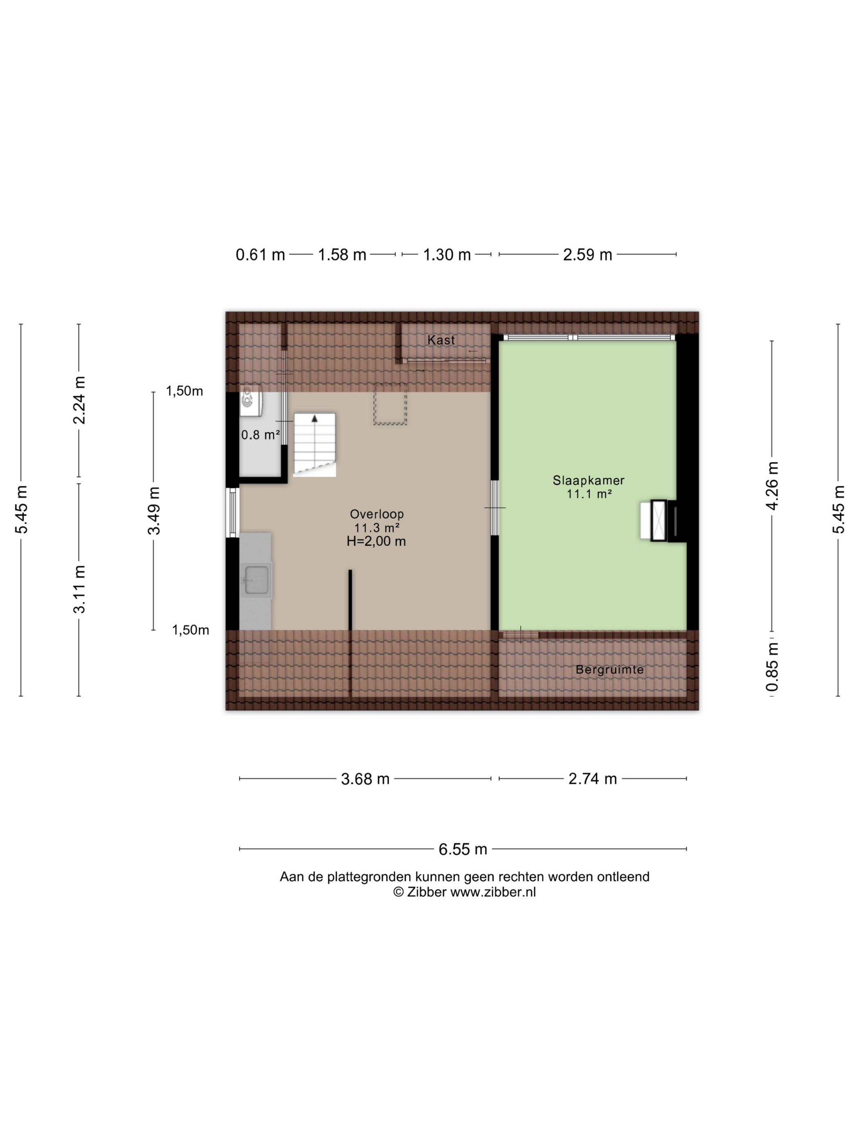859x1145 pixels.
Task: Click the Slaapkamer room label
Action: (x=588, y=481)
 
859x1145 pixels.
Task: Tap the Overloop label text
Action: (x=376, y=514)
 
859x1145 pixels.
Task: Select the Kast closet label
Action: (x=441, y=340)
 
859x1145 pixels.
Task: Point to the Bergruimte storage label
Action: (x=609, y=670)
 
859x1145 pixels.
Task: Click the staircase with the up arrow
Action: (x=314, y=445)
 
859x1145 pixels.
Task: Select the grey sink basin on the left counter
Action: (x=256, y=580)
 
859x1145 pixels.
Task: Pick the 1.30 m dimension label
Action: (x=447, y=255)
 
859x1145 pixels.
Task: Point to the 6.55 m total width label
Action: (x=463, y=849)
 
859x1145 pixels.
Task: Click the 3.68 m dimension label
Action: (x=365, y=779)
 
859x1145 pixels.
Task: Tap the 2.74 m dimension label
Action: (x=592, y=779)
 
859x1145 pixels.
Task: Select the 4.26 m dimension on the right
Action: (x=772, y=485)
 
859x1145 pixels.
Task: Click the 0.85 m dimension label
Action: (x=772, y=667)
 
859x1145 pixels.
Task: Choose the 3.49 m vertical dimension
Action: (x=154, y=510)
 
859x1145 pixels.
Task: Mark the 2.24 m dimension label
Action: (x=79, y=400)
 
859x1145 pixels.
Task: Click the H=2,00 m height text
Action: (x=376, y=542)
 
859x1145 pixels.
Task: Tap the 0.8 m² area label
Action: (x=261, y=435)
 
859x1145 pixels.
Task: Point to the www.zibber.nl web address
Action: (x=493, y=892)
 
